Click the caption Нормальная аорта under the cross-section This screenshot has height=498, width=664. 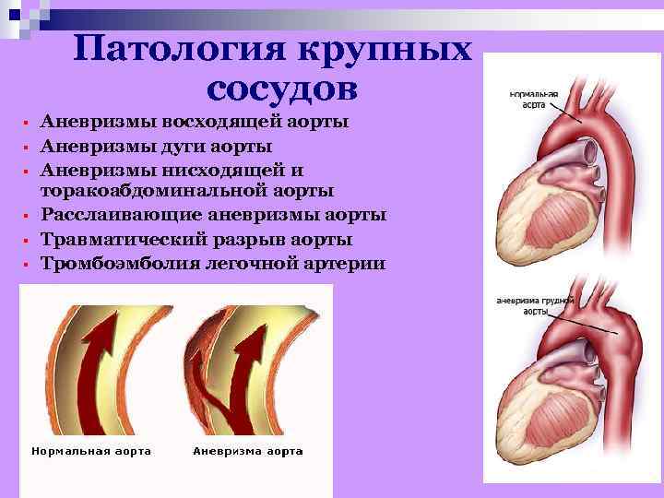coord(91,451)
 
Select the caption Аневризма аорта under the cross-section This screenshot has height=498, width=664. coord(248,451)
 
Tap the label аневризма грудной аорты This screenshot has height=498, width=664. coord(536,305)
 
